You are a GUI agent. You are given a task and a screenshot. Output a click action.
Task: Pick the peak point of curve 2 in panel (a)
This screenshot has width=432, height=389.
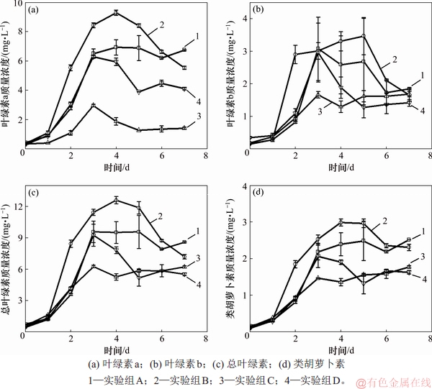(115, 12)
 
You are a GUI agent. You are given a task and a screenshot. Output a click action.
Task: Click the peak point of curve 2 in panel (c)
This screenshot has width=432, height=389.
(115, 200)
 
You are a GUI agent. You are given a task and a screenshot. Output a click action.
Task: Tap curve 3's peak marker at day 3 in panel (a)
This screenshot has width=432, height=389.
(93, 105)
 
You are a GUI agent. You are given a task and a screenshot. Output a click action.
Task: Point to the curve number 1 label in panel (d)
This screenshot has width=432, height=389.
(423, 231)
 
